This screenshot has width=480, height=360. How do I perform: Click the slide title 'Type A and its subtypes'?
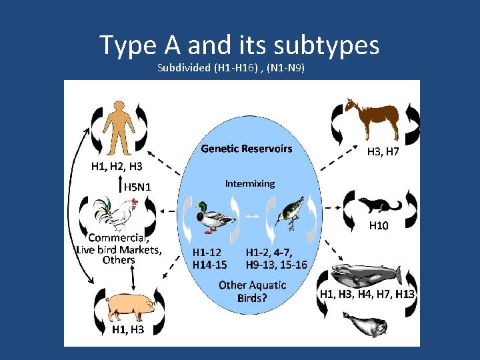pyautogui.click(x=239, y=45)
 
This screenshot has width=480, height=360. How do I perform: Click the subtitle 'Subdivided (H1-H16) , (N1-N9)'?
pyautogui.click(x=231, y=68)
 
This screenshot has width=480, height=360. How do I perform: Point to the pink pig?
pyautogui.click(x=130, y=305)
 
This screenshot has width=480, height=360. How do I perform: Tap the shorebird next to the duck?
pyautogui.click(x=290, y=213)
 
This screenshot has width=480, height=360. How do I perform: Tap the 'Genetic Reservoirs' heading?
pyautogui.click(x=247, y=149)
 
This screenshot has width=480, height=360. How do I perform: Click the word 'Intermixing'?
pyautogui.click(x=249, y=183)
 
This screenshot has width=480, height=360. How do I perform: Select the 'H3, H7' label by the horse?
pyautogui.click(x=383, y=152)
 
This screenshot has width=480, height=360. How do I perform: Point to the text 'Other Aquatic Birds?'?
pyautogui.click(x=252, y=291)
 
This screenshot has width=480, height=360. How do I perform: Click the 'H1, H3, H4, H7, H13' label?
pyautogui.click(x=367, y=294)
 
